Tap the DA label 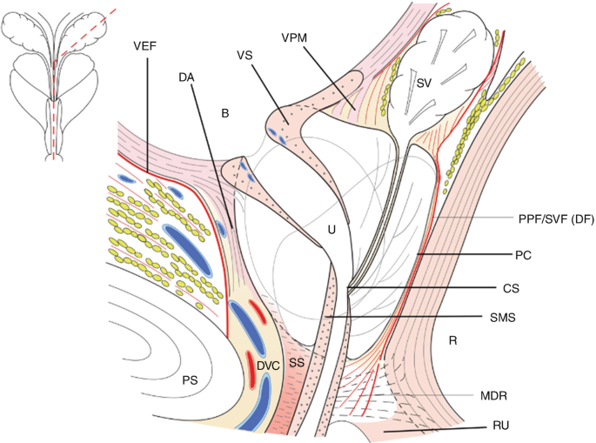coord(185,77)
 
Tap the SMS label coord(526,318)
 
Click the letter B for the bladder coord(224,114)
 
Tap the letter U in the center coord(331,229)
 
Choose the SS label coord(297,360)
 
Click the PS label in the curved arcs coord(189,379)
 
